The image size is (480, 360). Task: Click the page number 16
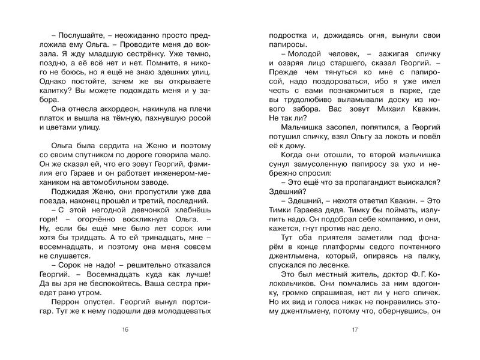tap(125, 330)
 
